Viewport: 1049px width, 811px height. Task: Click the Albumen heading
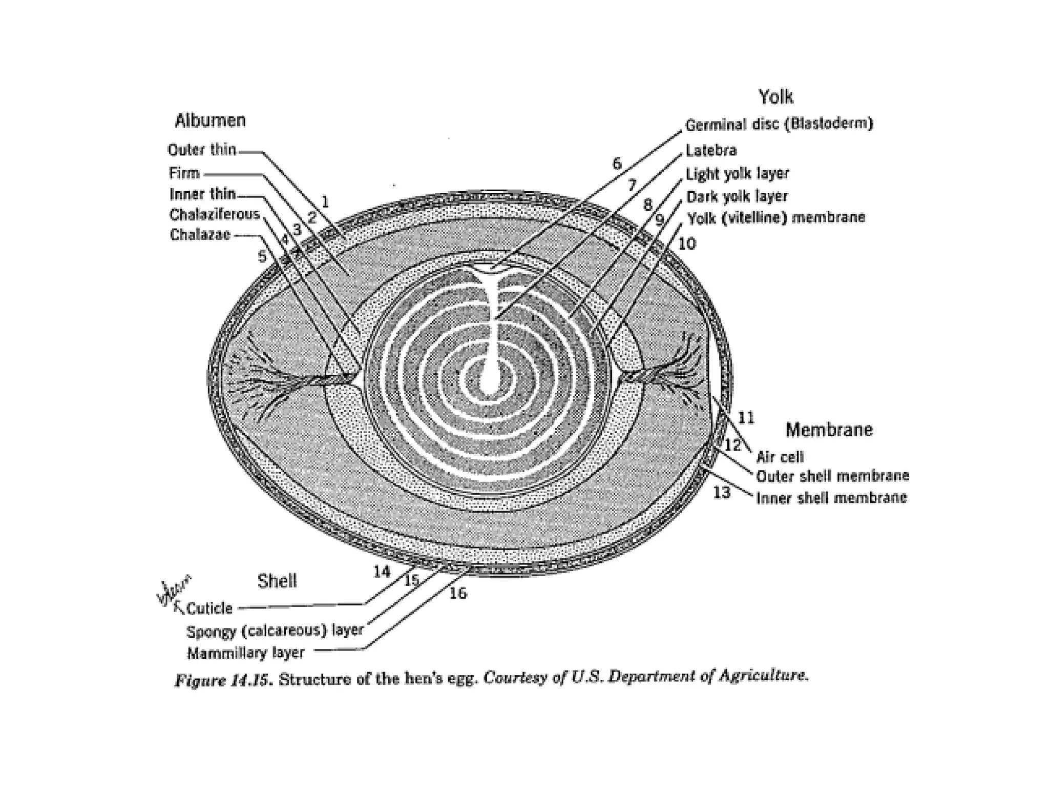pos(210,121)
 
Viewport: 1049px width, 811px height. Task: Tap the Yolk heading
pos(775,96)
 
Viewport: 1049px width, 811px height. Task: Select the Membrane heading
pos(829,430)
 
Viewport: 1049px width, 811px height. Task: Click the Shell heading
pos(277,581)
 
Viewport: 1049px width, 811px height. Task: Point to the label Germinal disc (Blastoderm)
pos(779,125)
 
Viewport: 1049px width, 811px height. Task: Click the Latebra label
pos(711,151)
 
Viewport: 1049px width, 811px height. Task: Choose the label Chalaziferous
pos(215,214)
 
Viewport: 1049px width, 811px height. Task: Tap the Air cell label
pos(780,457)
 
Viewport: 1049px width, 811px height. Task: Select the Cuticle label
pos(209,609)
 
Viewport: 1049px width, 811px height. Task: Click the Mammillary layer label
pos(246,653)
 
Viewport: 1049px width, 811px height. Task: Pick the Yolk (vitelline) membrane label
pos(776,218)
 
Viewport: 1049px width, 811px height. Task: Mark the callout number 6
pos(617,164)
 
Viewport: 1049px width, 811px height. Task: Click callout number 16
pos(458,593)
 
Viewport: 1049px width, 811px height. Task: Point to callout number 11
pos(746,418)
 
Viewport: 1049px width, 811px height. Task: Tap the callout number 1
pos(324,202)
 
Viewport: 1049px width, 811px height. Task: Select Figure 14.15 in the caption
pos(222,680)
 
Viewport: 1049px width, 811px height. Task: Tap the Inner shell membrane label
pos(831,498)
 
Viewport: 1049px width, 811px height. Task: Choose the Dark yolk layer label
pos(737,197)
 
